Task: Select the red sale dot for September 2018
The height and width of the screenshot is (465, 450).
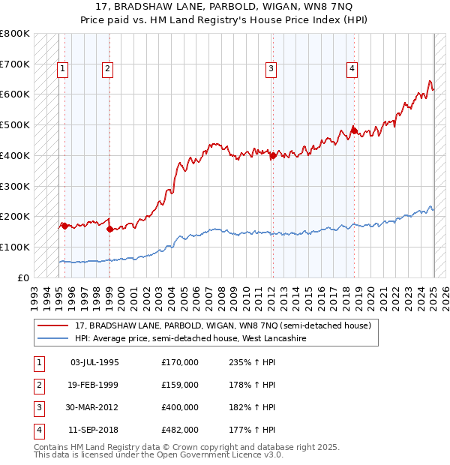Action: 353,130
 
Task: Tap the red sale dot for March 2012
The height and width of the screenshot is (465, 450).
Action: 273,155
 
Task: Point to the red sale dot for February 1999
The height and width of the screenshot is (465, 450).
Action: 109,229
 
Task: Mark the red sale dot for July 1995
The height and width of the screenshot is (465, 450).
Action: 64,225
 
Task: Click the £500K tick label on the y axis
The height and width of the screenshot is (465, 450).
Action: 15,124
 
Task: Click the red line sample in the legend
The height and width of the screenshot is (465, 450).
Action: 54,326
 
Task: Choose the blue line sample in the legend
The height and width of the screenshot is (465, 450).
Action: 54,338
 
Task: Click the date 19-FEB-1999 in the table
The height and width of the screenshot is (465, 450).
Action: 94,385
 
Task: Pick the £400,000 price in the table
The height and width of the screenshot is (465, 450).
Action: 180,407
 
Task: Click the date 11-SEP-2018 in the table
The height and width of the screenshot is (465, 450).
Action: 94,430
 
